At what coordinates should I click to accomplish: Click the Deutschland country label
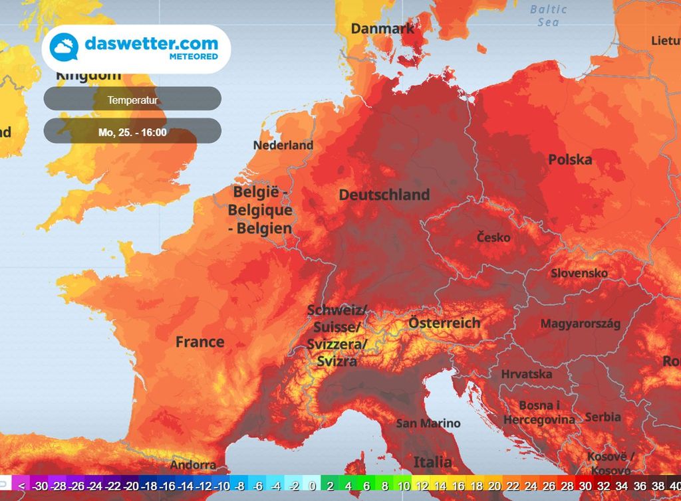coord(384,195)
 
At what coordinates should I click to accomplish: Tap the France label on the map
coord(200,342)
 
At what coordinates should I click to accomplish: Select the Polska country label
coord(570,159)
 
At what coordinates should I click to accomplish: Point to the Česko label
coord(493,237)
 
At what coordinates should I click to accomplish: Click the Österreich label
coord(444,323)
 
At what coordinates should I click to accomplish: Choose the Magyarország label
coord(580,324)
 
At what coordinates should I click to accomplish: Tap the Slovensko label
coord(579,273)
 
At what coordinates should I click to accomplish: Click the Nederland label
coord(283,145)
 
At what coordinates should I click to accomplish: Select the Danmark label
coord(382,29)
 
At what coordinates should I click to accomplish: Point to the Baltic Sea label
coord(549,15)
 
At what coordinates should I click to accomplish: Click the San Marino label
coord(428,423)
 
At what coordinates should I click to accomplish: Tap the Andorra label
coord(193,465)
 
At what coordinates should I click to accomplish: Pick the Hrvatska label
coord(526,374)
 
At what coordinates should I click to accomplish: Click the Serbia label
coord(603,417)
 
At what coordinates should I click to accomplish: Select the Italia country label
coord(433,462)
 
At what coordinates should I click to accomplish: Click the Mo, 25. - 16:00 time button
coord(132,132)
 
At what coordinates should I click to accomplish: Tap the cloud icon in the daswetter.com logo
coord(65,48)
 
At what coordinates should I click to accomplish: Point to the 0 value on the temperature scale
coord(312,486)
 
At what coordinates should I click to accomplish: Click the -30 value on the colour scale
coord(40,486)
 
